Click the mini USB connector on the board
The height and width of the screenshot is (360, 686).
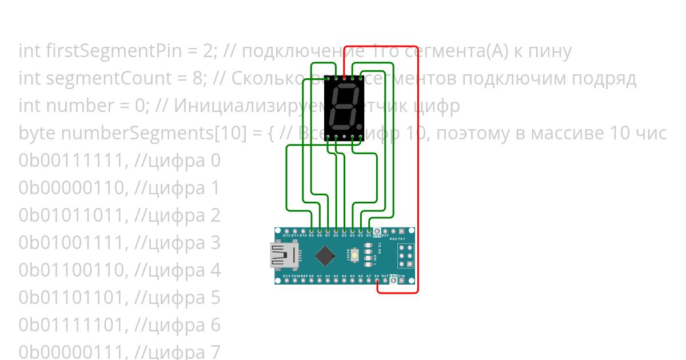click(285, 255)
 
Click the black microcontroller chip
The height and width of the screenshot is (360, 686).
click(325, 255)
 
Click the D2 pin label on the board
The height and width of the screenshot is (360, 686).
click(369, 235)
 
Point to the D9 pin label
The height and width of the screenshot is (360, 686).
click(311, 235)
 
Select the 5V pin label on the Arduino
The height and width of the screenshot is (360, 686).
click(377, 276)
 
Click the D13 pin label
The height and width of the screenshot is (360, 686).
click(286, 276)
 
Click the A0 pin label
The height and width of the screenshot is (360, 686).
click(311, 276)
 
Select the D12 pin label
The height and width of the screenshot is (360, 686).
click(286, 235)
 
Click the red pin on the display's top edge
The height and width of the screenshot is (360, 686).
click(344, 77)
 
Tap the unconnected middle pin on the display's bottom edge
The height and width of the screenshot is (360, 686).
click(344, 137)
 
